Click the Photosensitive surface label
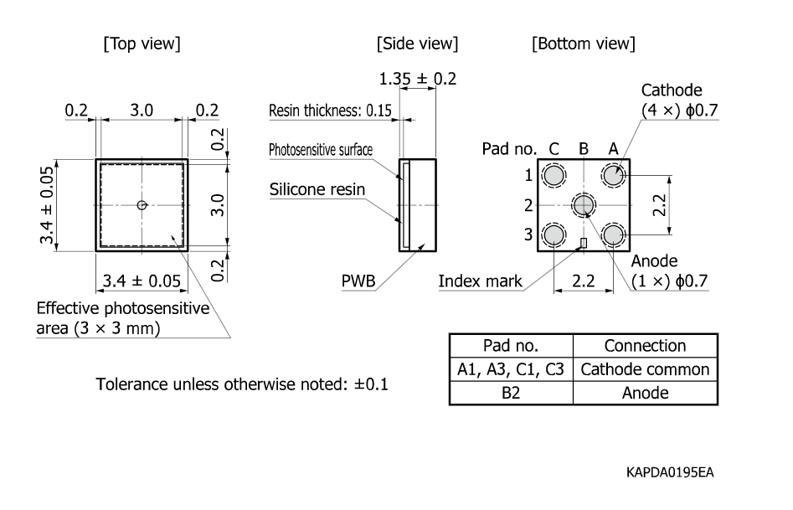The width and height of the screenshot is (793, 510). tap(321, 151)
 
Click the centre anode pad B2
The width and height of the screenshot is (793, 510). tap(584, 204)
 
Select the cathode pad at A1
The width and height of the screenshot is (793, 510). tap(614, 176)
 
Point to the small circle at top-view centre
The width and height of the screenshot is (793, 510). tap(142, 205)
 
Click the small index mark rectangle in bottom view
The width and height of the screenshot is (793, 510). tap(584, 243)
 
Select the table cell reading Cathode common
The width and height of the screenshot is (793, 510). tap(645, 369)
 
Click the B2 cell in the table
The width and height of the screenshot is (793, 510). tap(511, 393)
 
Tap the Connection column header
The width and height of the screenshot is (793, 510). tap(645, 346)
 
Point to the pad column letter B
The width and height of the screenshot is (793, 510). tap(584, 149)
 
